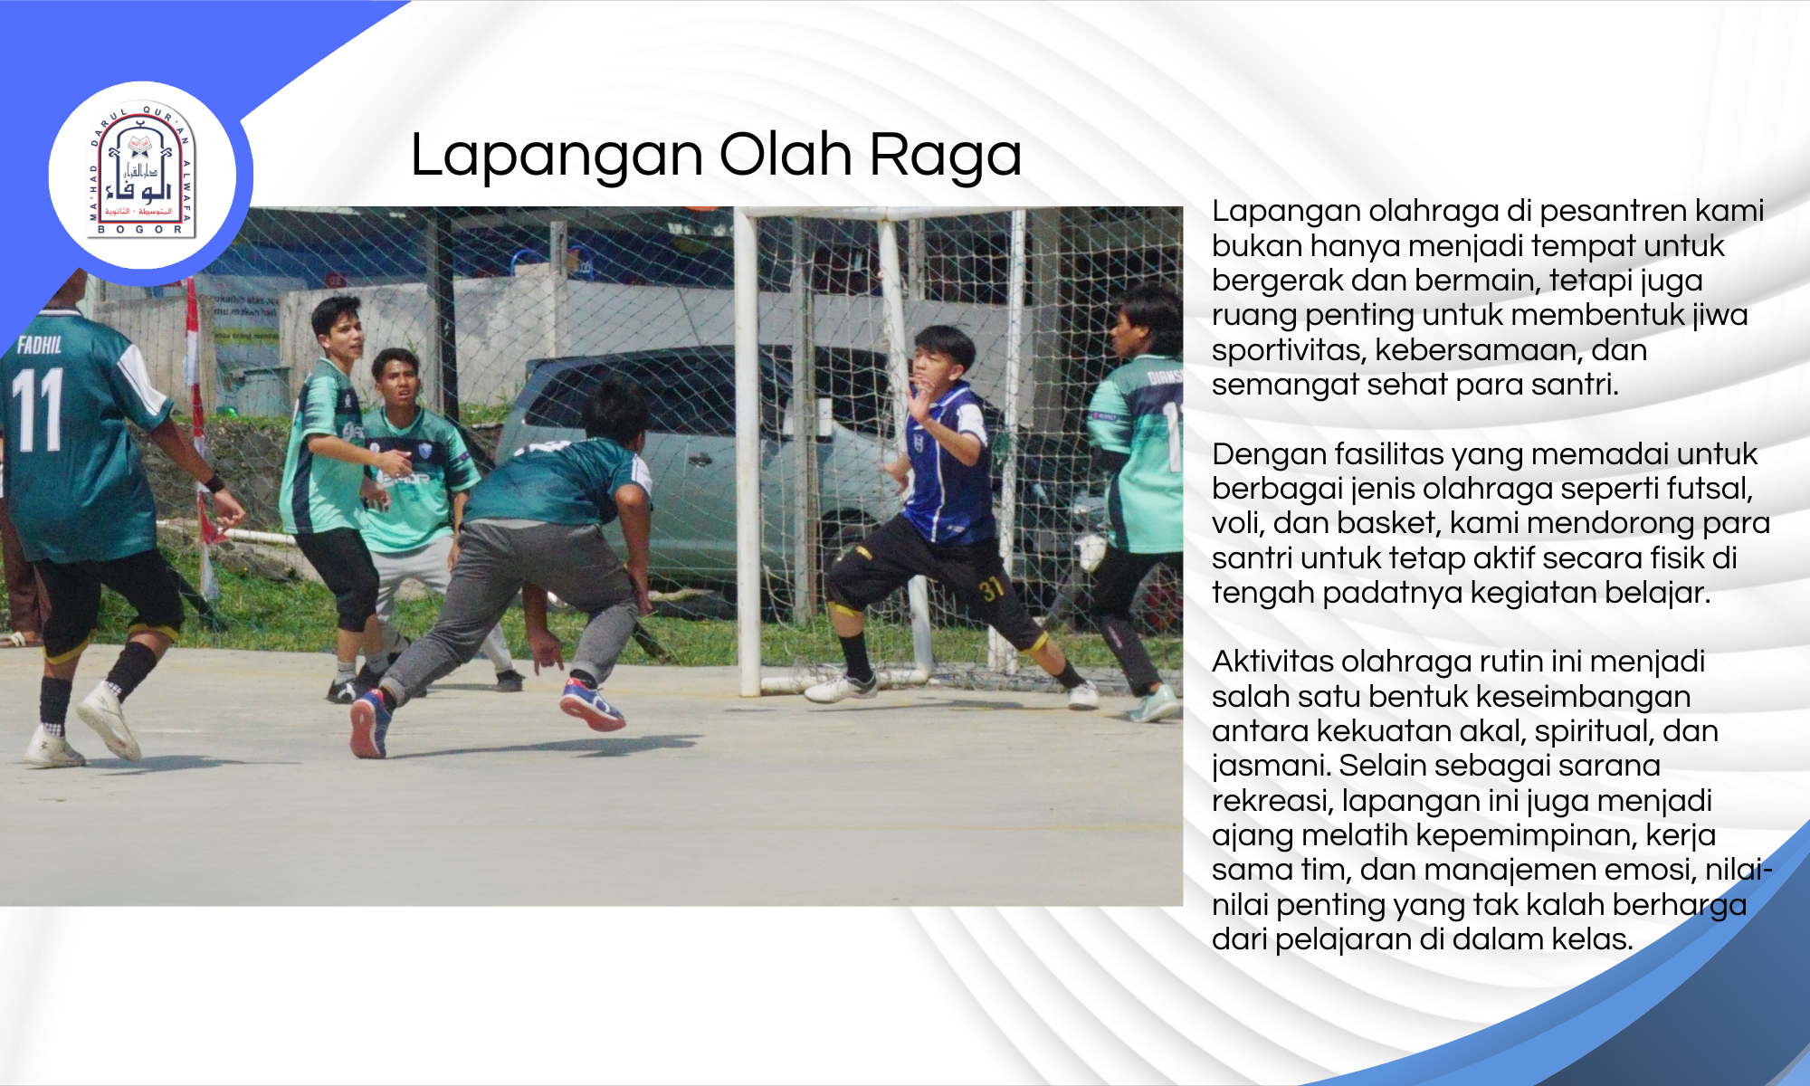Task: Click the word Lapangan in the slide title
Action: (x=557, y=156)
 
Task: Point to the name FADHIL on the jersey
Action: (x=40, y=344)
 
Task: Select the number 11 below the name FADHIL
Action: (x=38, y=409)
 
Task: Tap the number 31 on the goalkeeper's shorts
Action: (x=992, y=589)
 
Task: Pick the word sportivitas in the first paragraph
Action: (x=1285, y=350)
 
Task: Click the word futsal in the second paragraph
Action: (x=1707, y=489)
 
